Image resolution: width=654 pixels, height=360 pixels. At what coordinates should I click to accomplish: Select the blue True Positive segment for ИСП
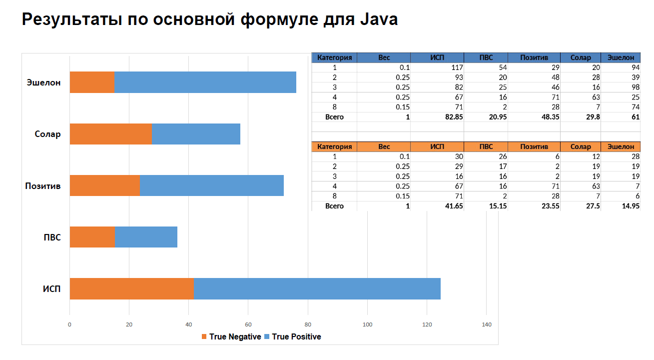[x=317, y=288]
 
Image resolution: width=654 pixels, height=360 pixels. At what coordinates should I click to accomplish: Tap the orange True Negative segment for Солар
[x=110, y=134]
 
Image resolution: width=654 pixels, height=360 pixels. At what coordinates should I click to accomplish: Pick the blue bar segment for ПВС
[x=146, y=237]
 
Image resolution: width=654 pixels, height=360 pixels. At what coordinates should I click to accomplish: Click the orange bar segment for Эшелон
[x=92, y=82]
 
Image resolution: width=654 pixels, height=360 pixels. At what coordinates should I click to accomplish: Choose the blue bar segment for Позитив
[x=211, y=185]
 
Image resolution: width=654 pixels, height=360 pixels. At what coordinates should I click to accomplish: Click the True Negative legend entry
[x=231, y=336]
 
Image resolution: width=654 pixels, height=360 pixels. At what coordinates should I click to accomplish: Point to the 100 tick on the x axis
[x=367, y=324]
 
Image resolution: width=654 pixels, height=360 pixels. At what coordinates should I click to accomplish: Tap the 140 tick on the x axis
[x=486, y=324]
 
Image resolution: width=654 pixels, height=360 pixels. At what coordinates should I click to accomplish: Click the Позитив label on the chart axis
[x=43, y=186]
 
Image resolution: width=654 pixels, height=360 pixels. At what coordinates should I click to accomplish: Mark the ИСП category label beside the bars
[x=51, y=289]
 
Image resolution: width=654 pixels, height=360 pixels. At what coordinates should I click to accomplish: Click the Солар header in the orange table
[x=580, y=146]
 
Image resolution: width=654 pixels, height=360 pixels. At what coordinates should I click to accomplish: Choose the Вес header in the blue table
[x=384, y=57]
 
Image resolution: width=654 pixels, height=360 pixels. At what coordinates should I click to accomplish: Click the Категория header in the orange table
[x=334, y=146]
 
